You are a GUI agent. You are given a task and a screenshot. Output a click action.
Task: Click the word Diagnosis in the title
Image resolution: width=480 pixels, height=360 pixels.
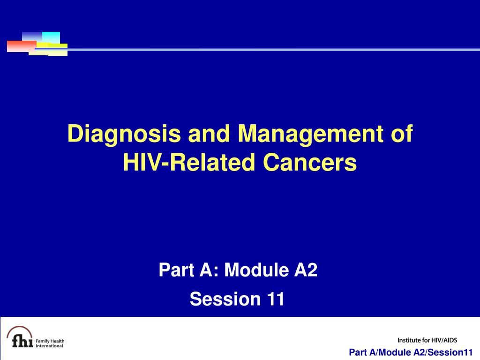click(124, 134)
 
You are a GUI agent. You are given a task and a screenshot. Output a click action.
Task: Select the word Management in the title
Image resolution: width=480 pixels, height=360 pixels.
click(310, 134)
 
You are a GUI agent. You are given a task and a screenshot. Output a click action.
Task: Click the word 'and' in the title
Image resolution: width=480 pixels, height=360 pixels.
click(209, 134)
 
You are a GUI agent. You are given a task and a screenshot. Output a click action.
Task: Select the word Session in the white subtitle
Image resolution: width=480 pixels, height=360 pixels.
click(225, 299)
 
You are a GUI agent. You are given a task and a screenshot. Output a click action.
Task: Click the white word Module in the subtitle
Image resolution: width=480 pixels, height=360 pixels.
click(256, 270)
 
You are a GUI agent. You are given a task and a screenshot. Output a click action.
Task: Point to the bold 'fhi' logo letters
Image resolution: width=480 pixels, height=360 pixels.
click(22, 341)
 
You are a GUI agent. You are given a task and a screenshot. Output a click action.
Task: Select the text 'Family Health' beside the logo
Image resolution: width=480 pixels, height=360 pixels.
click(50, 341)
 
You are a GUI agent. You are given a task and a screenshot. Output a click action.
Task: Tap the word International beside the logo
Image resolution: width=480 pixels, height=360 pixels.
click(49, 346)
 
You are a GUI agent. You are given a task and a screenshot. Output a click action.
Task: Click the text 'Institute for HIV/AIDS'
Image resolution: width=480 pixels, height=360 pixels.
click(427, 340)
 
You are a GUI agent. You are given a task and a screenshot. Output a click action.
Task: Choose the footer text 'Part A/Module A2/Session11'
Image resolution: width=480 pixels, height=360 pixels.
click(411, 352)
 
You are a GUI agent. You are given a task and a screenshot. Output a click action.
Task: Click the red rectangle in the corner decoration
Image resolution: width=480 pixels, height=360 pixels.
click(22, 46)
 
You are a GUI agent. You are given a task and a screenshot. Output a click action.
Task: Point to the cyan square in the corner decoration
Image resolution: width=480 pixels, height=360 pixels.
click(51, 37)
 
